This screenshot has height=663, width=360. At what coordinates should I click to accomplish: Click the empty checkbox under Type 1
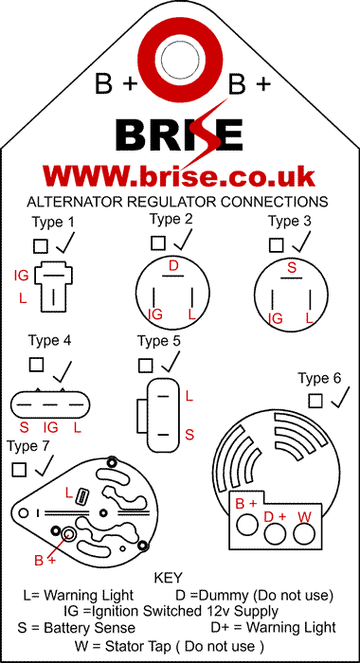pos(40,246)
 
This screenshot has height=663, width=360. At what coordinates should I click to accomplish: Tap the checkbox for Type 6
pos(315,401)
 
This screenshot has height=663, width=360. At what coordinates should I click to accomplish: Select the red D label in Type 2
pos(173,266)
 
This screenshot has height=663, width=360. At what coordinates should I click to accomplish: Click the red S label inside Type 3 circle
pos(292,267)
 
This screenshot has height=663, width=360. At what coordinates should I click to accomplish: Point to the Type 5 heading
pos(159,341)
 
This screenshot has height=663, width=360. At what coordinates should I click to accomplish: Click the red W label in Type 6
pos(305,516)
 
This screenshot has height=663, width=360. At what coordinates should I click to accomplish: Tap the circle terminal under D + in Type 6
pos(275,533)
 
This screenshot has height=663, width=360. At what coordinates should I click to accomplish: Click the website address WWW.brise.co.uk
pos(179,175)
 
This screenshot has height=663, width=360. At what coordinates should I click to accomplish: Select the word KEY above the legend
pos(168,577)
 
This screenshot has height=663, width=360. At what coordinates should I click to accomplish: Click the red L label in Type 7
pos(69,493)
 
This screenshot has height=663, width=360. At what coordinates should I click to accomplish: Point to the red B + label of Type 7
pos(45,561)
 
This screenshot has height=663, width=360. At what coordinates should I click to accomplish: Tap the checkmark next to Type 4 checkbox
pos(63,371)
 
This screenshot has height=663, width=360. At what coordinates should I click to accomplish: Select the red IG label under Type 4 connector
pos(51,427)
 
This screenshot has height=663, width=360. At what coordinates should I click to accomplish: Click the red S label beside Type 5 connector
pos(189,434)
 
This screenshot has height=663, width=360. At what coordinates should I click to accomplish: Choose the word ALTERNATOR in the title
pos(75,202)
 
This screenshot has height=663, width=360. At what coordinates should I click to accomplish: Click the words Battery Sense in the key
pos(89,627)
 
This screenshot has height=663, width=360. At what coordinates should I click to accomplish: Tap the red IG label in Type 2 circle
pos(155,314)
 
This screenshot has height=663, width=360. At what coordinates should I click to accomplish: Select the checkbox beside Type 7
pos(19,470)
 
